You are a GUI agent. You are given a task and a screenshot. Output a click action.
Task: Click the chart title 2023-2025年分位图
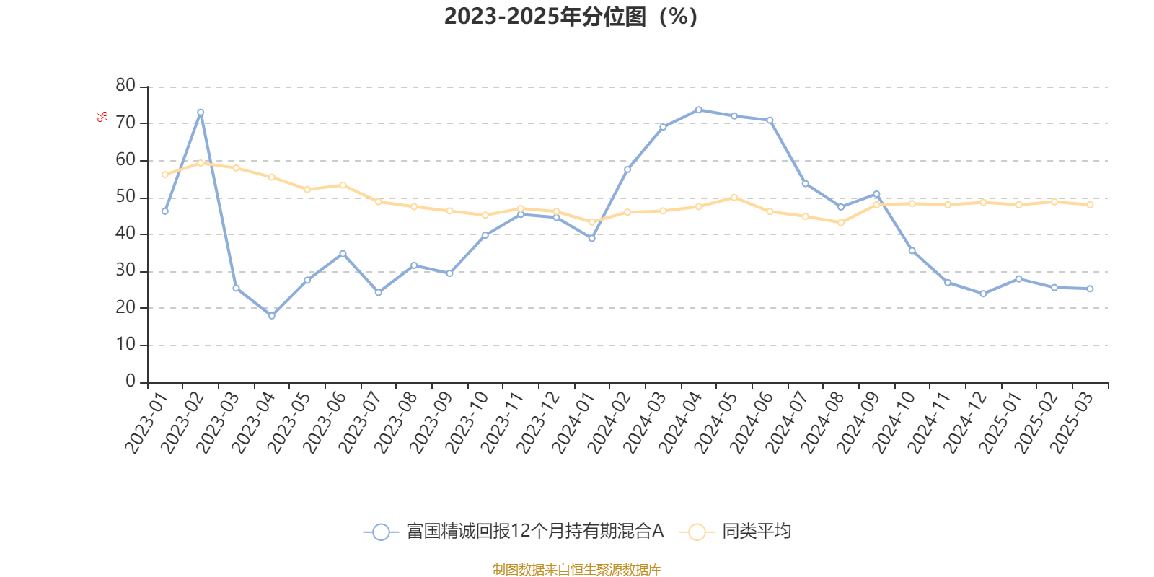point(570,16)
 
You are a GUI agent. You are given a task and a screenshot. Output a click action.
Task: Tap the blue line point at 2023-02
point(201,113)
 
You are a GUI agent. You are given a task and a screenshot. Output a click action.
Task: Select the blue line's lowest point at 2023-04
point(272,316)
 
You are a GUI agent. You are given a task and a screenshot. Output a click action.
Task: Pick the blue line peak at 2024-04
point(698,110)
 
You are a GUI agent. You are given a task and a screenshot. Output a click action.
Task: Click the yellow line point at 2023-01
point(165,175)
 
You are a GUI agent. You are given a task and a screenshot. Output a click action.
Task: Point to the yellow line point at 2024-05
point(734,197)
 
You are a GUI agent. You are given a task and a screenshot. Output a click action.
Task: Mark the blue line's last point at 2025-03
point(1090,288)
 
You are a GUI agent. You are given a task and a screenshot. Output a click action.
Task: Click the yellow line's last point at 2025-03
point(1090,205)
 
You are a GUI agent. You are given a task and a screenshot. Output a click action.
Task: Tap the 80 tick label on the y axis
point(125,86)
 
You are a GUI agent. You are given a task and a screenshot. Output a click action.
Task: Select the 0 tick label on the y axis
point(131,381)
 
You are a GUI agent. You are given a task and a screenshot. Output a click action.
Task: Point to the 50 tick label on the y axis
point(125,197)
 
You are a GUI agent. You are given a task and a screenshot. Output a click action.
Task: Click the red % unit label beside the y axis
point(103,116)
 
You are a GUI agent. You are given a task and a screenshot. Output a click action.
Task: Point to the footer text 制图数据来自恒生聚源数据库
point(576,570)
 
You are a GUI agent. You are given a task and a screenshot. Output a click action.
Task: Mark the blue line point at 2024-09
point(876,194)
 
